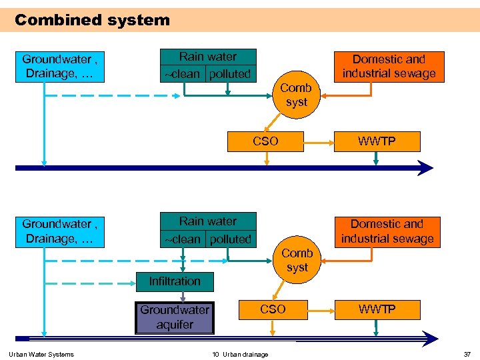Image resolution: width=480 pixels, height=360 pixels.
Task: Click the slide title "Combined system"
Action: tap(92, 20)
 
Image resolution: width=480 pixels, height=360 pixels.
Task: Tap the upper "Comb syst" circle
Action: tap(296, 95)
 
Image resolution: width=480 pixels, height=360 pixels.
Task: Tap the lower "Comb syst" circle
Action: tap(297, 260)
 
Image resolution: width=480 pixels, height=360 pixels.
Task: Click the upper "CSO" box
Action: tap(265, 141)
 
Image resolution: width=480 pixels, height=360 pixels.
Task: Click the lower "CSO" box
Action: tap(273, 309)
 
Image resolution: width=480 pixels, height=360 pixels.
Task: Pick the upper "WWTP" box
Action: tap(377, 141)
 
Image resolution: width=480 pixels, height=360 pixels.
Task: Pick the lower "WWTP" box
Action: tap(377, 309)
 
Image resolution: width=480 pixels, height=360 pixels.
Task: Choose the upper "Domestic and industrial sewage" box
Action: tap(388, 67)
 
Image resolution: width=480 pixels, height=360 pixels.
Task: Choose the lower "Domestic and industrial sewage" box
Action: tap(387, 231)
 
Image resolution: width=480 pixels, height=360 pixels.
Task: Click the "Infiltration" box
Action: tap(175, 281)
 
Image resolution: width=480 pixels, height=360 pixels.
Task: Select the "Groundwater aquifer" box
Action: tap(175, 317)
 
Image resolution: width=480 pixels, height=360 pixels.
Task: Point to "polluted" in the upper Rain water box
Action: tap(230, 74)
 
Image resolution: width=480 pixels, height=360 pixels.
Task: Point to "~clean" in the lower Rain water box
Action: tap(182, 239)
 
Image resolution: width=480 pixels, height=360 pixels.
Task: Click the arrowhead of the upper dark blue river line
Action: tap(425, 168)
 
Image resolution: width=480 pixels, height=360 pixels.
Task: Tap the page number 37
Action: tap(467, 354)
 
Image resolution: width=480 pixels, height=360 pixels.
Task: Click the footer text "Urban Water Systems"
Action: tap(41, 354)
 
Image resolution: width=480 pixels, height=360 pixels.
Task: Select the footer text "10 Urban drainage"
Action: tap(240, 354)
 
